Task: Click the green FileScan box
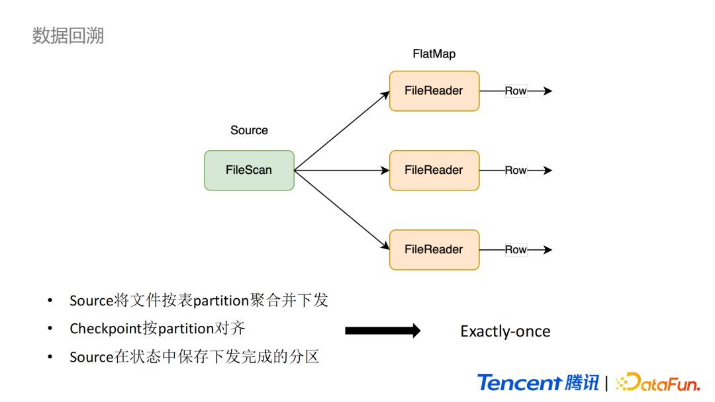tap(249, 171)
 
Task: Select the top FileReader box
tap(434, 91)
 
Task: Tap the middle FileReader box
tap(434, 171)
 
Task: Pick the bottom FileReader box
tap(434, 250)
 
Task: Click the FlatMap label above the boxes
tap(434, 54)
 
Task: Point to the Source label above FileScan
tap(249, 130)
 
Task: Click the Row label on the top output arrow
tap(516, 91)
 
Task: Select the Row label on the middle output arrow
tap(516, 171)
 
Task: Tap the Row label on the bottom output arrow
tap(516, 250)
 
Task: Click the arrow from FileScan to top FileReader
tap(342, 131)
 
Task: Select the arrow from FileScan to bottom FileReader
tap(342, 210)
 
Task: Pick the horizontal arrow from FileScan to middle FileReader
tap(342, 171)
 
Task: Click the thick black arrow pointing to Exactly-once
tap(383, 331)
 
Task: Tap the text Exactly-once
tap(505, 331)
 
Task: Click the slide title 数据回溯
tap(68, 36)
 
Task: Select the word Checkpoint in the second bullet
tap(106, 328)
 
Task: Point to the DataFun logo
tap(658, 382)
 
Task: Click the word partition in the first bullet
tap(220, 300)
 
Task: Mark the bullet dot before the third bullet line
tap(50, 356)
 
